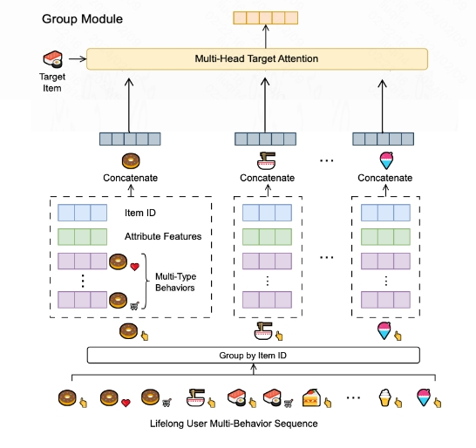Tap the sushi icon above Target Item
click(x=53, y=59)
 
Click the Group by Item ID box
click(x=253, y=355)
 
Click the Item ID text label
click(x=140, y=212)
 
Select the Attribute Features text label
click(x=163, y=236)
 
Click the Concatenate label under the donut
click(x=131, y=179)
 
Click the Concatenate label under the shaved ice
click(x=384, y=179)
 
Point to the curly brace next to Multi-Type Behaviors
click(x=145, y=281)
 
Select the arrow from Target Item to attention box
click(x=76, y=59)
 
